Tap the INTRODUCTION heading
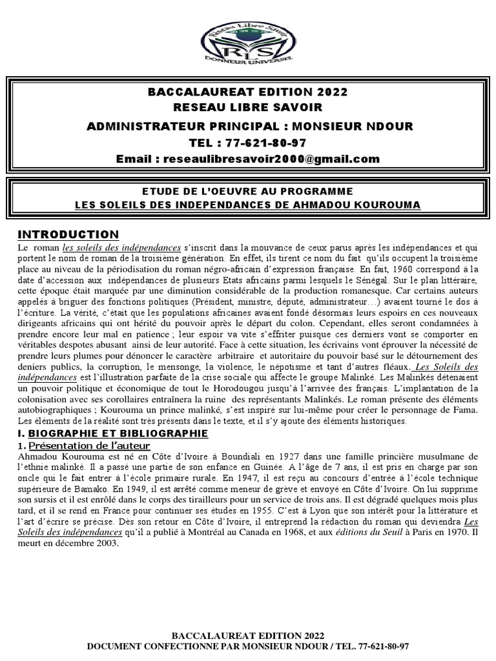[68, 234]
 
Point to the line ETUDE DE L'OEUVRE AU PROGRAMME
[247, 191]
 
